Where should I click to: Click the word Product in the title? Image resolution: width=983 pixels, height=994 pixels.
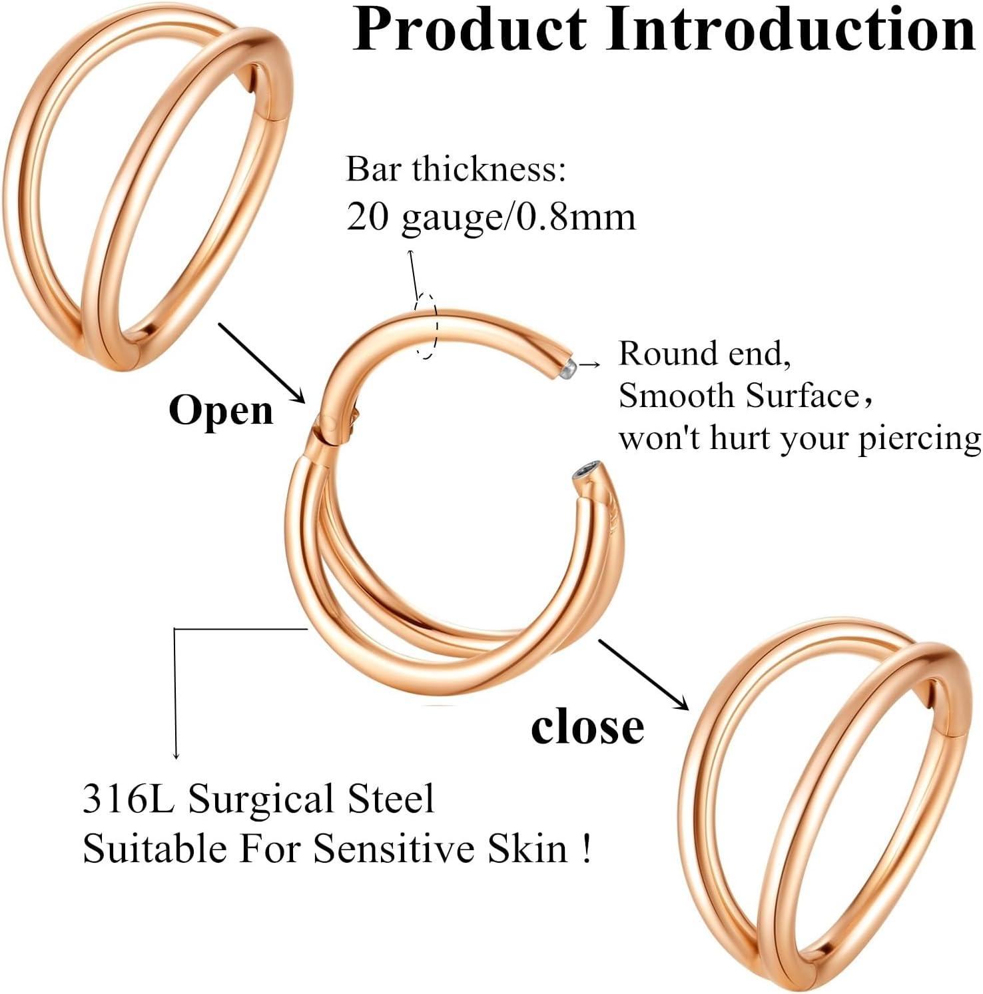(x=470, y=30)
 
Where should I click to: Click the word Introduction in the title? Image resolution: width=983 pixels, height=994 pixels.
(x=791, y=30)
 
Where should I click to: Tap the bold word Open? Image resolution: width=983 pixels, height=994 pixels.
(x=221, y=410)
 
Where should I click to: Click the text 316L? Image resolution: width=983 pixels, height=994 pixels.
(x=128, y=798)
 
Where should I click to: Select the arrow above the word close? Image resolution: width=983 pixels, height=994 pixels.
(x=643, y=674)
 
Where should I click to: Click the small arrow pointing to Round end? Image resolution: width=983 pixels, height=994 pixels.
(x=589, y=364)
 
